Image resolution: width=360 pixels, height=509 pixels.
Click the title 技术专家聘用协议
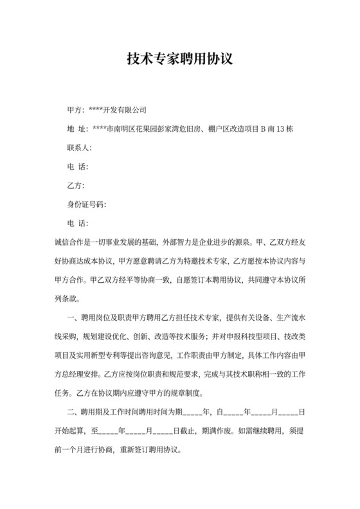180,60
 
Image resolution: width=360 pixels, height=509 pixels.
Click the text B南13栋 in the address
276,129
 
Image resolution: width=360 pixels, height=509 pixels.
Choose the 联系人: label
80,148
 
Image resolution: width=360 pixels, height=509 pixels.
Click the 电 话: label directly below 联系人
77,167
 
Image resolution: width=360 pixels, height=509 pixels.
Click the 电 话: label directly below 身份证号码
77,224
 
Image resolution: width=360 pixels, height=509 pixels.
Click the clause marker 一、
72,318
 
